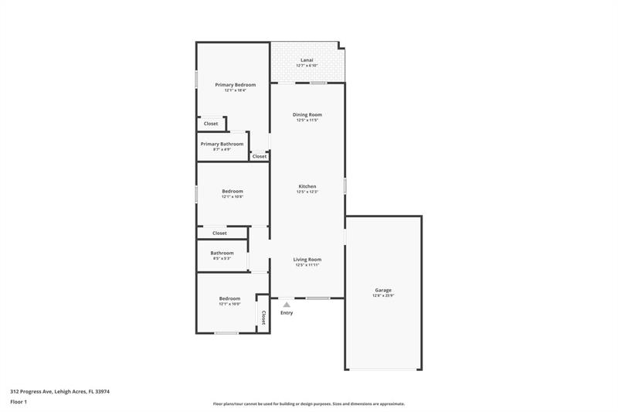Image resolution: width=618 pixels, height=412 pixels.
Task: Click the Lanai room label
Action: point(307,60)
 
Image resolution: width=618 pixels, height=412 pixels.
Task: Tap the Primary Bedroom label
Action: point(235,84)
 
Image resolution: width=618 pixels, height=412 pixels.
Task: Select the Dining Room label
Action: point(307,114)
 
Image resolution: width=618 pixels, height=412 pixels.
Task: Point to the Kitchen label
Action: point(307,186)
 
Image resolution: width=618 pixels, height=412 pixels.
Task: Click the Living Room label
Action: point(307,260)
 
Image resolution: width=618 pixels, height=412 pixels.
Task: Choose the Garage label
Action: point(383,290)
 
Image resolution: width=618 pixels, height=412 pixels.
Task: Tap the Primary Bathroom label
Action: point(222,144)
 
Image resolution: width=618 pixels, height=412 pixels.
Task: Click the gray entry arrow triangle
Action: point(287,305)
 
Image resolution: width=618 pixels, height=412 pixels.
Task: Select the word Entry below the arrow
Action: point(287,313)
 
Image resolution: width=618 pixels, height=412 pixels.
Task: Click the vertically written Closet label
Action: point(263,317)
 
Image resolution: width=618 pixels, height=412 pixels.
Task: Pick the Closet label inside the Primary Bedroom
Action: point(211,124)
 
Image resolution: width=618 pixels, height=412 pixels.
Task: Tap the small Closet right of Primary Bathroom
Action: point(260,156)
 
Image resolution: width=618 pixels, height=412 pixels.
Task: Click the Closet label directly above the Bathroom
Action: point(219,233)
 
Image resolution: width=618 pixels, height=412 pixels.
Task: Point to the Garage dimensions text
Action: point(383,296)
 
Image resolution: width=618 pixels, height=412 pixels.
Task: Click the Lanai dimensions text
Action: point(307,66)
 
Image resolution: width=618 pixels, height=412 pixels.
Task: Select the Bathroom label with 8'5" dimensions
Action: point(222,253)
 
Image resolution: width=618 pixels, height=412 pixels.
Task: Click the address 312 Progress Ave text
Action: point(59,391)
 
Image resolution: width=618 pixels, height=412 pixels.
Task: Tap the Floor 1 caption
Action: point(19,403)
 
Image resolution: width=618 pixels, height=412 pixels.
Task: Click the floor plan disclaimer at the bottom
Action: point(308,403)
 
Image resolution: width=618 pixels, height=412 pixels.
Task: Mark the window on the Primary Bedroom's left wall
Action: point(196,80)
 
